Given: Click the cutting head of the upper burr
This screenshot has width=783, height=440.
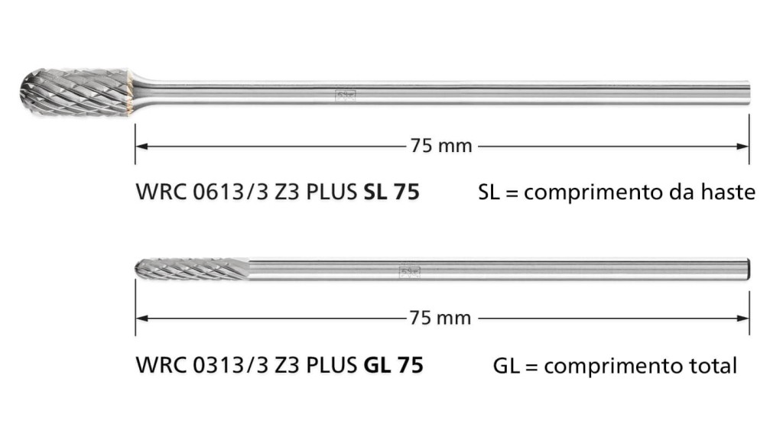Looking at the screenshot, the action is (x=76, y=92).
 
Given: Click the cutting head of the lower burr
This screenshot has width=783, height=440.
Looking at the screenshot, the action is (x=192, y=269).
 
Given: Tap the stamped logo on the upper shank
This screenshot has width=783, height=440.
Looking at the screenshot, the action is (x=345, y=95).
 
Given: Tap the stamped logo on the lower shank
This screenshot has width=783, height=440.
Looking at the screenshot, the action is (x=410, y=272).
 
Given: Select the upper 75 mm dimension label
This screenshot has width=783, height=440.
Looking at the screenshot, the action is (x=441, y=146).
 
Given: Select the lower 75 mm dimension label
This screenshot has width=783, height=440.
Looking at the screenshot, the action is (x=440, y=318).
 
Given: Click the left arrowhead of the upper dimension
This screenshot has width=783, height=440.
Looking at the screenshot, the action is (x=142, y=146).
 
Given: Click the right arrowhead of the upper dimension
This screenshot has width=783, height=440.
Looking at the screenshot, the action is (x=742, y=146).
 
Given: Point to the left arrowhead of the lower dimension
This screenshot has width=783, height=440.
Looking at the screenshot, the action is (x=142, y=318).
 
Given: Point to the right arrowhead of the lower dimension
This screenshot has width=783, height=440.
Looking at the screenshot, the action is (x=742, y=318).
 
